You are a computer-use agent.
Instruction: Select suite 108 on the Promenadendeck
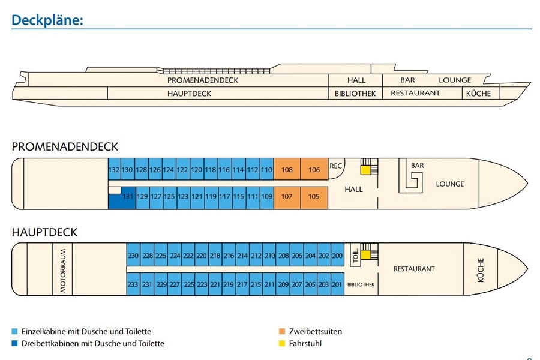pyautogui.click(x=287, y=170)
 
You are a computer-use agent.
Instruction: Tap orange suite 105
pyautogui.click(x=314, y=197)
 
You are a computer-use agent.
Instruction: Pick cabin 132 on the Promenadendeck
pyautogui.click(x=114, y=170)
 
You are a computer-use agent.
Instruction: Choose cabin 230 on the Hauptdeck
pyautogui.click(x=133, y=255)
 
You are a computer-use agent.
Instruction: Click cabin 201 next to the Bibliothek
pyautogui.click(x=337, y=284)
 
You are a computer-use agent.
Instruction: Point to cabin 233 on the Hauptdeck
pyautogui.click(x=133, y=284)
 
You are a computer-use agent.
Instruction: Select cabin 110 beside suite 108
pyautogui.click(x=267, y=170)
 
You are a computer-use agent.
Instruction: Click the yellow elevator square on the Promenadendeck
pyautogui.click(x=365, y=170)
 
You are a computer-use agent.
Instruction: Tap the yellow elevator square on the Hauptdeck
pyautogui.click(x=365, y=255)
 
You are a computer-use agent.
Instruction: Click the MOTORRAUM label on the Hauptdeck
pyautogui.click(x=63, y=271)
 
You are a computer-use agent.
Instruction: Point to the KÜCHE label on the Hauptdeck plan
pyautogui.click(x=480, y=270)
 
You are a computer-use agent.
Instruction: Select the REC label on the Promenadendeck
pyautogui.click(x=335, y=166)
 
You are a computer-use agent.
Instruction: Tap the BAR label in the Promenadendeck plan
pyautogui.click(x=418, y=165)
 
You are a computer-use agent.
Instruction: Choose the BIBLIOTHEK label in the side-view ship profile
pyautogui.click(x=355, y=94)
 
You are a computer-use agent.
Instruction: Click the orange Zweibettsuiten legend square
pyautogui.click(x=283, y=331)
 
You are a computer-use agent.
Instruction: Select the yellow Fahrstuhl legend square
pyautogui.click(x=283, y=343)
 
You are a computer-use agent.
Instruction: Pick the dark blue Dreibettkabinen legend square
pyautogui.click(x=15, y=343)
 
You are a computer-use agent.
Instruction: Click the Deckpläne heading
pyautogui.click(x=47, y=20)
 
